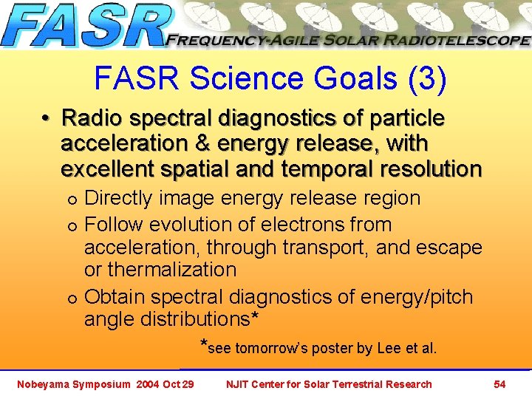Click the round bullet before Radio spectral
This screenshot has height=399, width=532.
pyautogui.click(x=46, y=119)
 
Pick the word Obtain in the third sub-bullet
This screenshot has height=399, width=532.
pyautogui.click(x=115, y=296)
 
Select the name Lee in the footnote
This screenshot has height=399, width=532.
pyautogui.click(x=390, y=348)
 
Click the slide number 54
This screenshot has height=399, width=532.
pyautogui.click(x=499, y=383)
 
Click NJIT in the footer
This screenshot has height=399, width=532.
pyautogui.click(x=239, y=383)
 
